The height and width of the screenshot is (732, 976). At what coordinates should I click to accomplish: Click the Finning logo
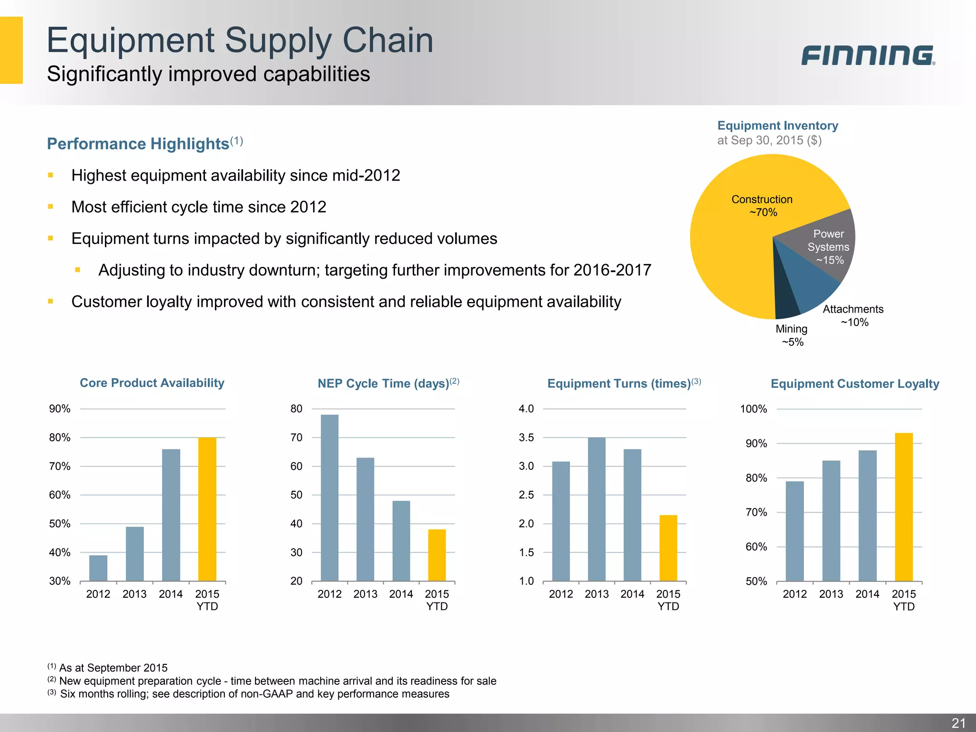pos(867,55)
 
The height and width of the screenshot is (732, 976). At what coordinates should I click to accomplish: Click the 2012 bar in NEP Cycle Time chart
pos(329,498)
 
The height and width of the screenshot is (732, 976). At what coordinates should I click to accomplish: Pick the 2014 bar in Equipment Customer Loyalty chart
pos(867,516)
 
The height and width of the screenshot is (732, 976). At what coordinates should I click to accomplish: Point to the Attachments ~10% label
pos(853,315)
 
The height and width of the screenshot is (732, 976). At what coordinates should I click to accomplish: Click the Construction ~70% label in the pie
pos(762,205)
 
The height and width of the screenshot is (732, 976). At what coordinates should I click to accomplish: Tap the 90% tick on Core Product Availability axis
pos(60,409)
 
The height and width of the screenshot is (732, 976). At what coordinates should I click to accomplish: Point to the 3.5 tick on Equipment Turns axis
pos(526,437)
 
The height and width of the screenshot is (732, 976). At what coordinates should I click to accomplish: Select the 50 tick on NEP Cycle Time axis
pos(296,495)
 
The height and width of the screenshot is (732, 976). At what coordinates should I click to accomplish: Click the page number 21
pos(958,723)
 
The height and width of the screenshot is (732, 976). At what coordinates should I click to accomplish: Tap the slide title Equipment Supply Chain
pos(240,40)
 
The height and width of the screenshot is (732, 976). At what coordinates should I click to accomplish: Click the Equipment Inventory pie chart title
pos(777,125)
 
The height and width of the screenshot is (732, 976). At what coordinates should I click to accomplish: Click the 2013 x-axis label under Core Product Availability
pos(134,594)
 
